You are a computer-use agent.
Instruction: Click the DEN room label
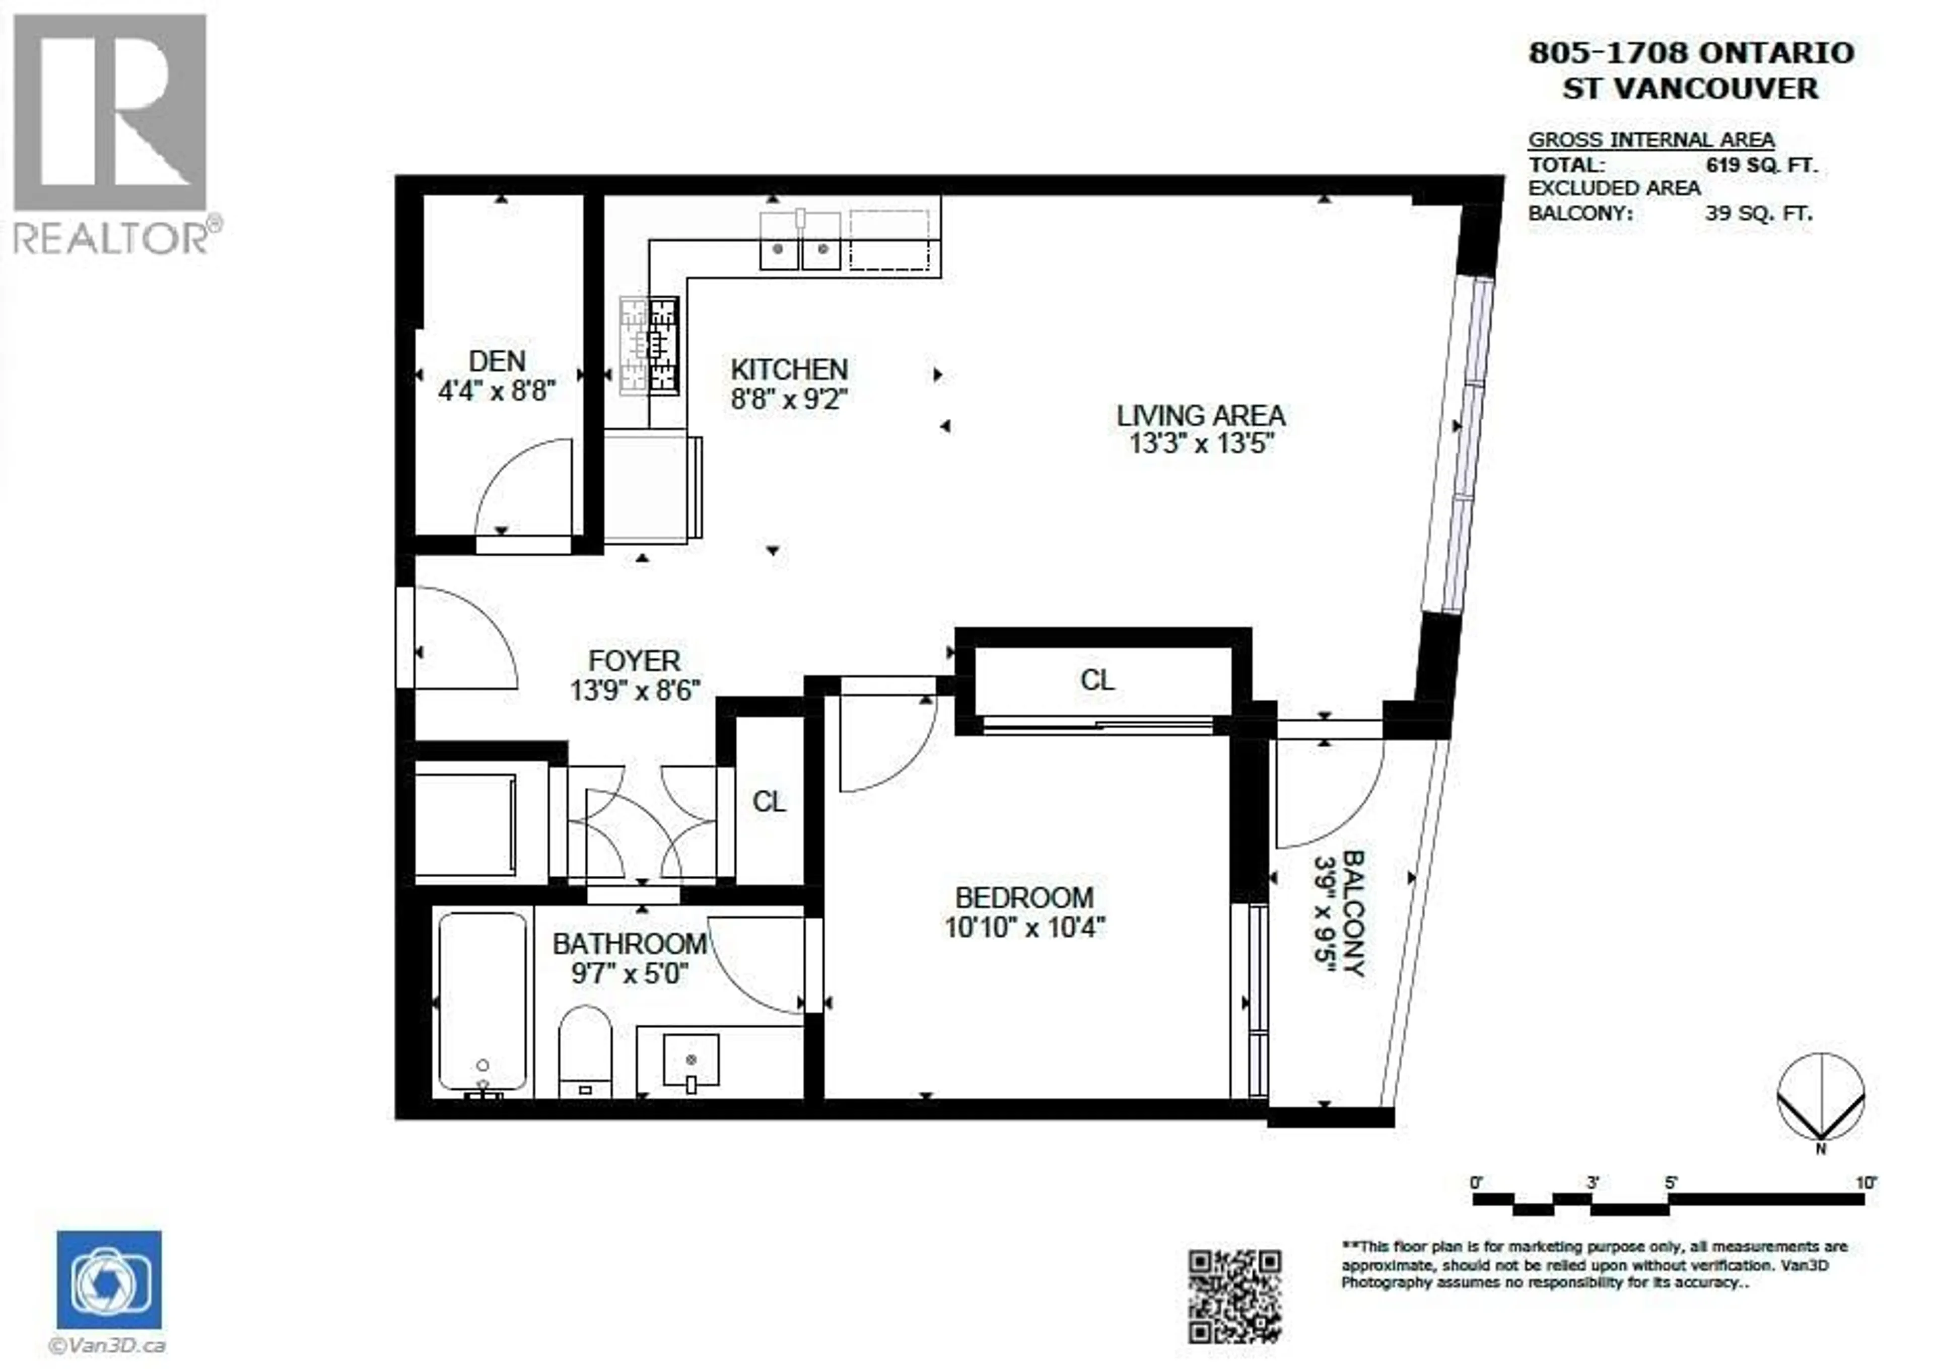497,361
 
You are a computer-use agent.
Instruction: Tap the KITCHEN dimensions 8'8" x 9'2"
789,399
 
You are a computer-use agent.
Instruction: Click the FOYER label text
634,661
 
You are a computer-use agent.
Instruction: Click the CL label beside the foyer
769,802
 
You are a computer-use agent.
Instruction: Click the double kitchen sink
800,243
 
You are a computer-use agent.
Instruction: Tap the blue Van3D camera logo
110,1279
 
